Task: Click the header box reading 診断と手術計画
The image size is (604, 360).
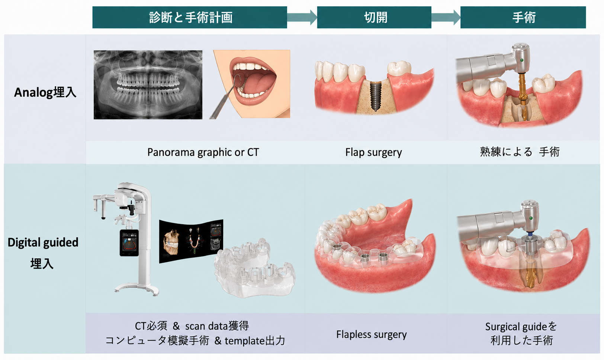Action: (x=190, y=17)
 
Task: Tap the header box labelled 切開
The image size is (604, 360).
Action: (x=374, y=17)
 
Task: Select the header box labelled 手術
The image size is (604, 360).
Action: (x=523, y=17)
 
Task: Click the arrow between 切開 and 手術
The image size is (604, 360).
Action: (x=446, y=17)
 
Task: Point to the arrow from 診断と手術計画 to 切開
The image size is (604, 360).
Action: (x=302, y=17)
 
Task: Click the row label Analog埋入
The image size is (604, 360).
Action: (x=45, y=93)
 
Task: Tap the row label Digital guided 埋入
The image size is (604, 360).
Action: (x=43, y=253)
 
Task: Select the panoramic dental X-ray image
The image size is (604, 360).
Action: (x=148, y=85)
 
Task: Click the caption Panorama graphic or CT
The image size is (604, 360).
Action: (x=203, y=152)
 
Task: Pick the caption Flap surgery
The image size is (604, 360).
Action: (x=373, y=152)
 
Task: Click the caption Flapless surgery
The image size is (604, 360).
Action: (x=371, y=334)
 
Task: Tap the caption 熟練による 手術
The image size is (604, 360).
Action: (x=520, y=152)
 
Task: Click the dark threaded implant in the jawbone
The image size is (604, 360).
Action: (x=374, y=96)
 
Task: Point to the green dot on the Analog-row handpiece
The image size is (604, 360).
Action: (x=522, y=60)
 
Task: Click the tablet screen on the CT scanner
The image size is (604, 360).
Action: (x=129, y=243)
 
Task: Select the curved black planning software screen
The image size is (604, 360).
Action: (x=191, y=241)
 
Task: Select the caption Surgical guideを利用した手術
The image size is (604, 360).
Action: (x=521, y=334)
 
